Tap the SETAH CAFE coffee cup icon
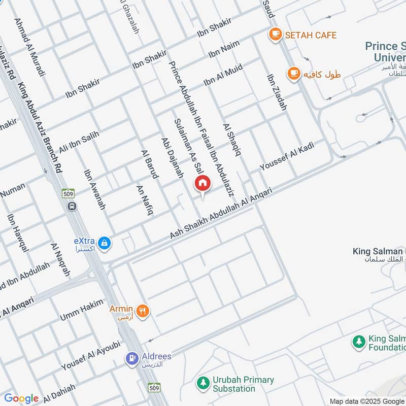click(x=275, y=35)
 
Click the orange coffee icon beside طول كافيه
click(x=293, y=74)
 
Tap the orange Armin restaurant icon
click(x=143, y=311)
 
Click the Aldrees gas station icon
click(x=132, y=358)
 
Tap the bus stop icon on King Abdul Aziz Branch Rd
click(x=72, y=206)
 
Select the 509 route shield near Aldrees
click(x=155, y=387)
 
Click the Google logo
click(x=21, y=398)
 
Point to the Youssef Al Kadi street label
click(x=287, y=156)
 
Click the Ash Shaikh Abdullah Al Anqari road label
click(x=221, y=214)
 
